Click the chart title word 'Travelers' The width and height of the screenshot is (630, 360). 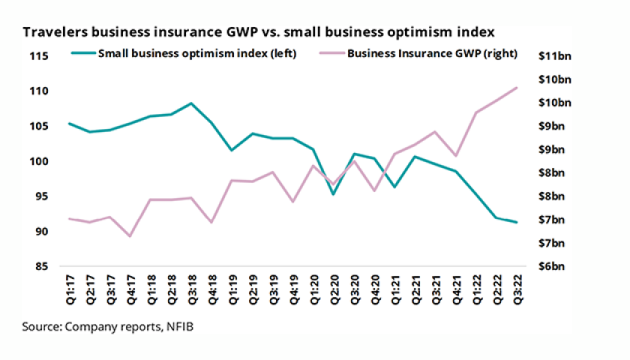click(x=52, y=32)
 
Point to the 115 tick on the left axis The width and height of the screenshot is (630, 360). click(x=39, y=56)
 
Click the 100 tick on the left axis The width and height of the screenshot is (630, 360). click(x=39, y=161)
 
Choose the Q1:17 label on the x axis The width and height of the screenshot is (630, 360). click(x=69, y=291)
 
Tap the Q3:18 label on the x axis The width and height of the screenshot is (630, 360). click(x=191, y=291)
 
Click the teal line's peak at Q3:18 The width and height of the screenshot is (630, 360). click(x=191, y=103)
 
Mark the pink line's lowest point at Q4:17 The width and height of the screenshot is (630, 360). click(x=130, y=236)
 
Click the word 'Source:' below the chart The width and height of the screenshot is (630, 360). click(x=42, y=327)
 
